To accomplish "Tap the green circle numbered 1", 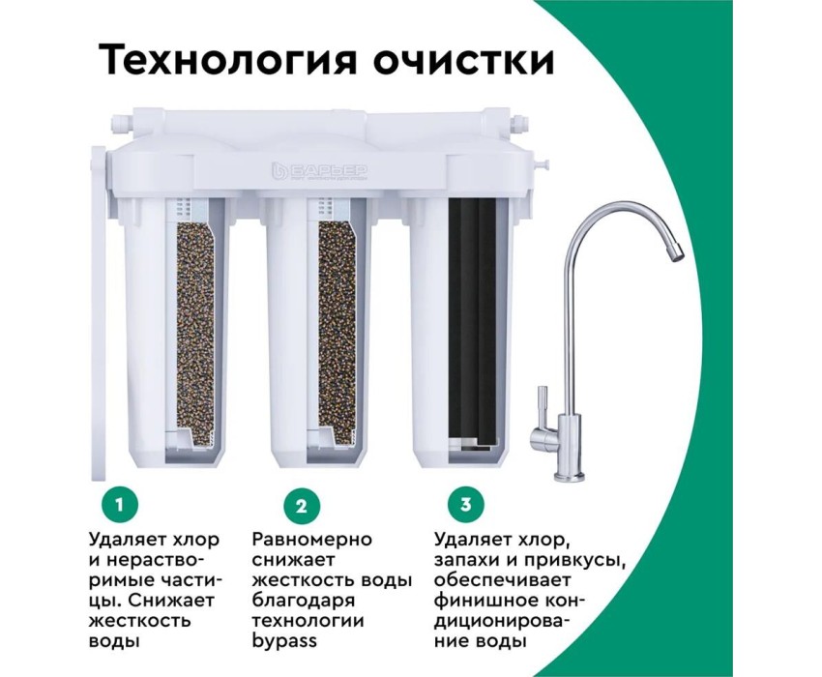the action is click(x=120, y=505).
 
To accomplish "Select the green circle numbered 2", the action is click(x=301, y=507).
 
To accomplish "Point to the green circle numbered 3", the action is click(x=465, y=505).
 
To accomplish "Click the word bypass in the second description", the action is click(x=284, y=642).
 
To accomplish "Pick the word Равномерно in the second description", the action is click(x=312, y=539).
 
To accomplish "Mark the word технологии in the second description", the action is click(x=308, y=622).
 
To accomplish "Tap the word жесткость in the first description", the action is click(x=140, y=621).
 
